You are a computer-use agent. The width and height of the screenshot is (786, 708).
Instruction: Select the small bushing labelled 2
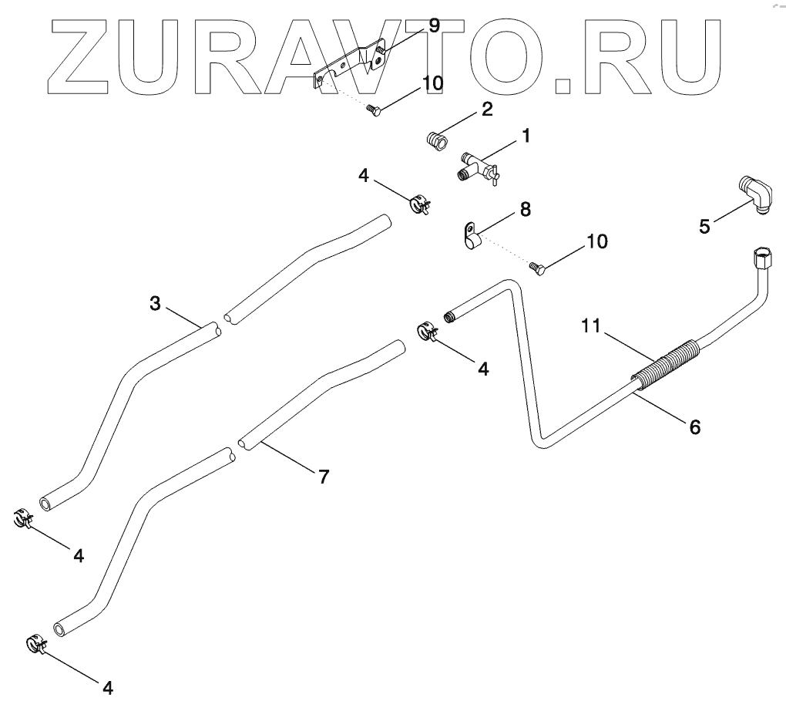(438, 143)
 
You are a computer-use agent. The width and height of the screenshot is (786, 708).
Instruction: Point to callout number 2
(486, 110)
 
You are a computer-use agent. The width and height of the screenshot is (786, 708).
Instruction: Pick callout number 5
(704, 227)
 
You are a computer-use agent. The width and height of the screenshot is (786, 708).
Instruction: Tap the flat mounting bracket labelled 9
(351, 66)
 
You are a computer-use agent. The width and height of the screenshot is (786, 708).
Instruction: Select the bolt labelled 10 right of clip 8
(539, 268)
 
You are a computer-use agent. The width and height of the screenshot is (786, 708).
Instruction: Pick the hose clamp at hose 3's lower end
(24, 519)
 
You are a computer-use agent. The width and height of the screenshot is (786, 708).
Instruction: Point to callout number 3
(155, 304)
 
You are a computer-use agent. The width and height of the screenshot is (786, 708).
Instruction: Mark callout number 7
(324, 477)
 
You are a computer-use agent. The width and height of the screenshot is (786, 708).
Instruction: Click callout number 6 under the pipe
(695, 426)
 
